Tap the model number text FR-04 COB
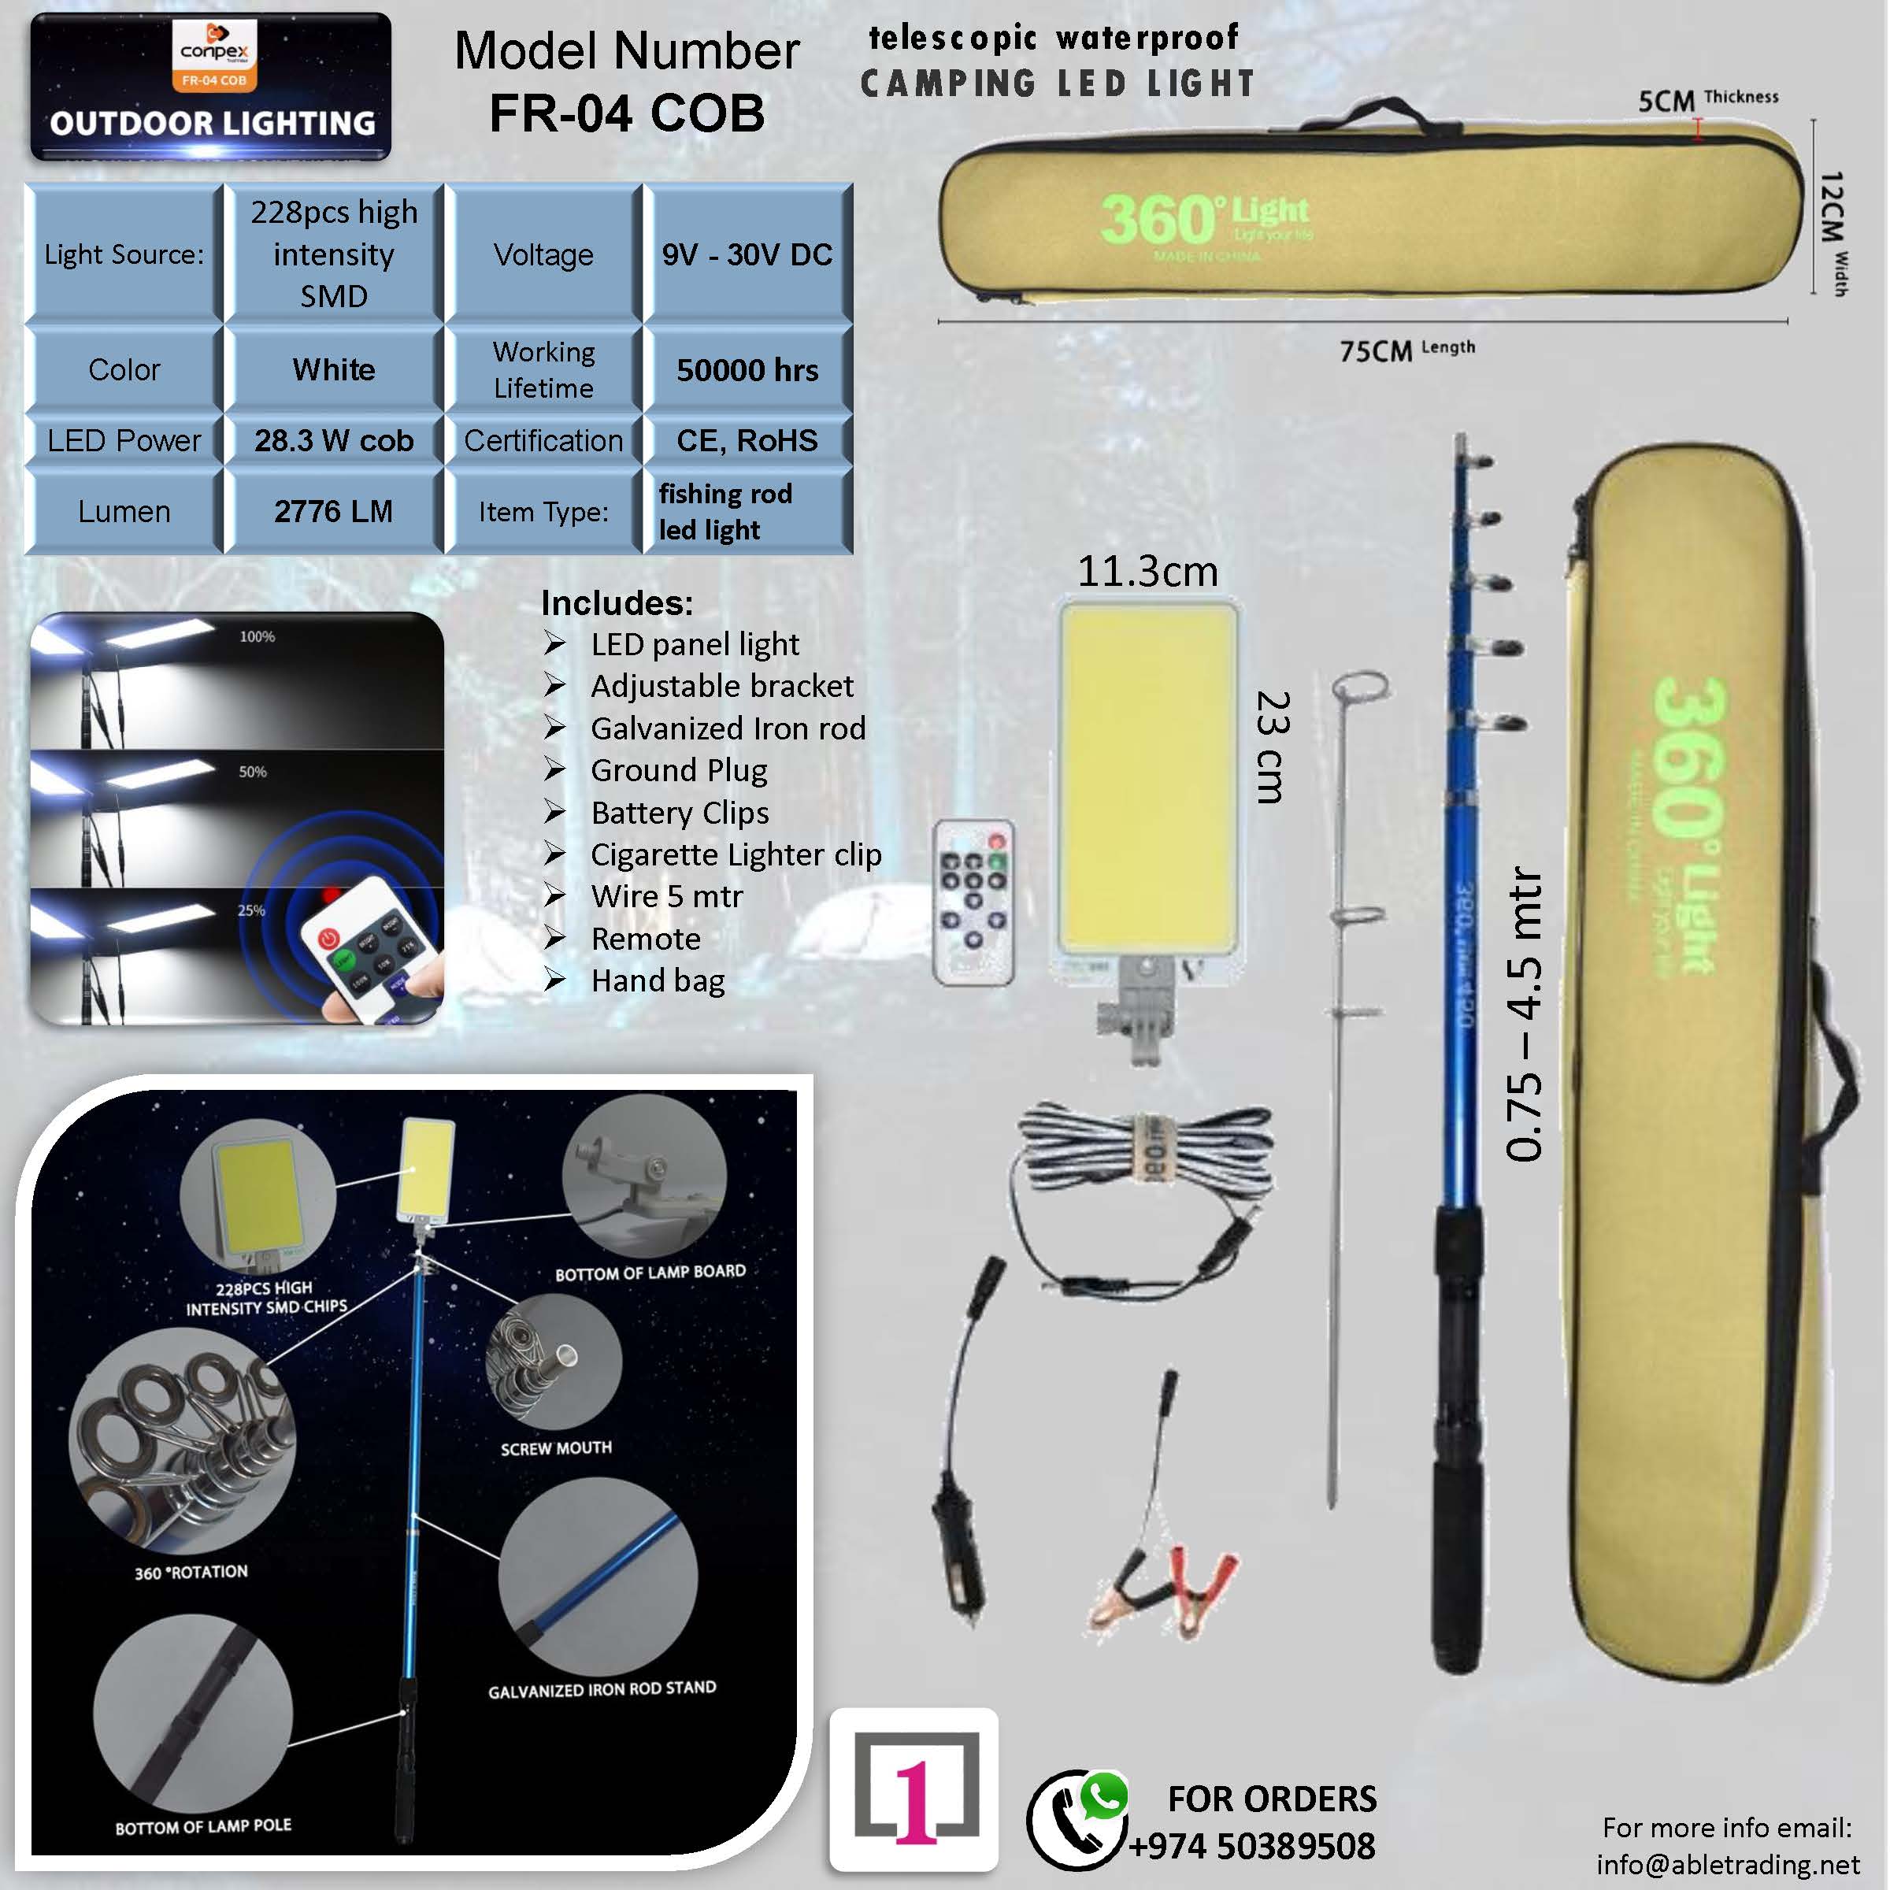pos(626,113)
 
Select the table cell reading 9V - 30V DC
pos(747,254)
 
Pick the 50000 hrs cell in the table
pos(747,370)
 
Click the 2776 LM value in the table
pos(334,510)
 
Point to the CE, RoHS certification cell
pos(747,440)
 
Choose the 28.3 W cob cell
pos(334,440)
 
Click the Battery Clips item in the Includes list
pos(680,812)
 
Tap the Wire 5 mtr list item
pos(667,896)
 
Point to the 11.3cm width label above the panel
pos(1147,571)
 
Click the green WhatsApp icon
pos(1103,1796)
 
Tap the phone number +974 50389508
pos(1252,1846)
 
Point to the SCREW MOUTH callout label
pos(556,1448)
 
